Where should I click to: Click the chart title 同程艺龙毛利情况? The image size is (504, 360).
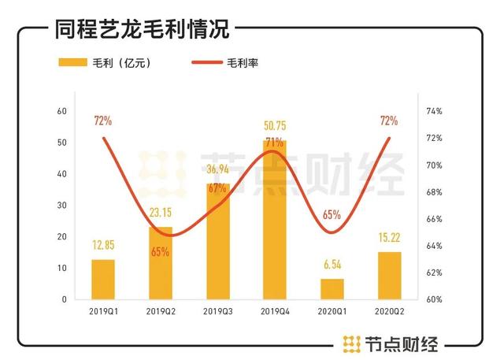click(x=142, y=31)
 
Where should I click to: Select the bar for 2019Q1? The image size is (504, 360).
click(x=103, y=280)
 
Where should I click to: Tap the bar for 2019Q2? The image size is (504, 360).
click(x=161, y=264)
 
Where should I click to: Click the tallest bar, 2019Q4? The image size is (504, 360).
click(x=275, y=221)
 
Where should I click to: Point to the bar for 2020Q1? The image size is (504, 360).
click(x=332, y=289)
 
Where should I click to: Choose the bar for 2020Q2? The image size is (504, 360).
click(x=389, y=276)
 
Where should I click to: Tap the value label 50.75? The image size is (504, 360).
click(x=275, y=126)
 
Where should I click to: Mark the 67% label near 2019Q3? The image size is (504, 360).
click(x=218, y=187)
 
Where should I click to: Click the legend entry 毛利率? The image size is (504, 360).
click(x=243, y=63)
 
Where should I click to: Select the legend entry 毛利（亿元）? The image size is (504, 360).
click(x=119, y=63)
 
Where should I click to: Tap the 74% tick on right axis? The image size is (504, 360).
click(x=434, y=111)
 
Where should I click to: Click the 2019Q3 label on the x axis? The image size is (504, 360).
click(x=217, y=313)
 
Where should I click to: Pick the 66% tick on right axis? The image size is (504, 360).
click(x=434, y=219)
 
